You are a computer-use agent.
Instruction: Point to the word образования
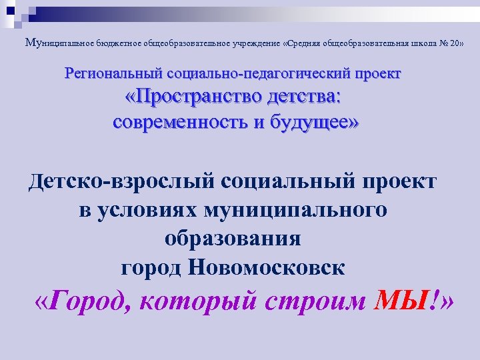(232, 238)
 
